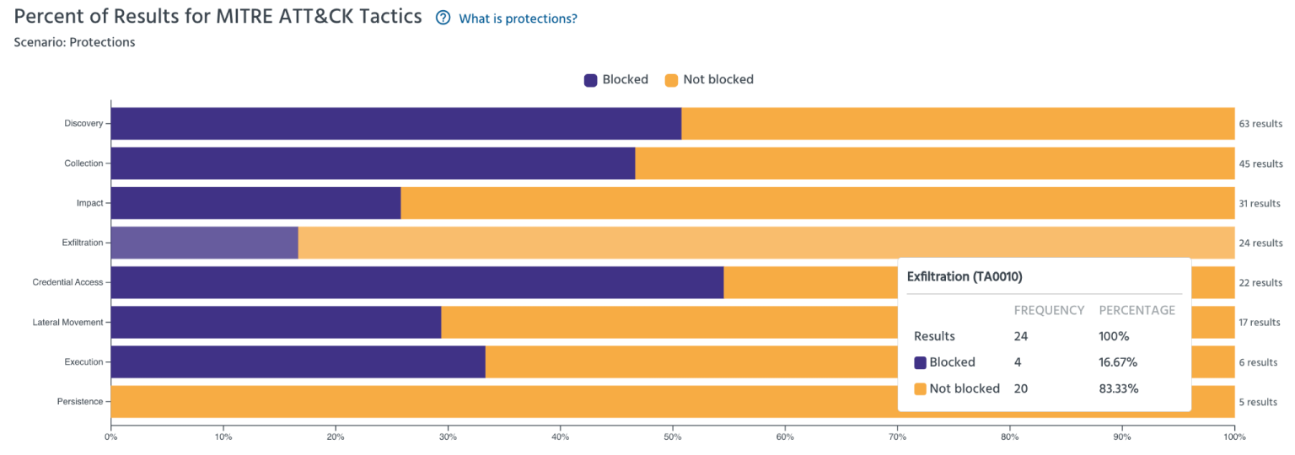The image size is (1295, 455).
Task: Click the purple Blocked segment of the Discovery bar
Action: coord(395,123)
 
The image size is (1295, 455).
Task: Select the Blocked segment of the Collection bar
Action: coord(372,163)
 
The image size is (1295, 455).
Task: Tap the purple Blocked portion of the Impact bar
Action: coord(255,203)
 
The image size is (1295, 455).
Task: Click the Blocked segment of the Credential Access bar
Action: coord(416,282)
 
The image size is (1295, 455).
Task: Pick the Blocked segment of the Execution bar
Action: coord(298,361)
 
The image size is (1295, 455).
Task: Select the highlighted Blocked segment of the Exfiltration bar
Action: coord(204,243)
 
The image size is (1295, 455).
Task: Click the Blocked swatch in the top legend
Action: coord(591,80)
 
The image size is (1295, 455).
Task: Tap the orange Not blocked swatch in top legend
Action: coord(671,80)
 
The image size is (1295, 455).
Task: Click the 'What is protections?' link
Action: coord(518,19)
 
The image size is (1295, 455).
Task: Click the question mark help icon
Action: coord(443,18)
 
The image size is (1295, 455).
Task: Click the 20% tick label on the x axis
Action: coord(335,436)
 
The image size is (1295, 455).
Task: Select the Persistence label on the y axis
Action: coord(79,402)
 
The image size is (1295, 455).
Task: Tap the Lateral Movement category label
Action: coord(67,322)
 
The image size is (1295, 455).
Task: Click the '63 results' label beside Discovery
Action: coord(1260,124)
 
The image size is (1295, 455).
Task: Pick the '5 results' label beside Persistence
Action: coord(1257,402)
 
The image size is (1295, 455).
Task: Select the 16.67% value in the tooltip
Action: coord(1118,362)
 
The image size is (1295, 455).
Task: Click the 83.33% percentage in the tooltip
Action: coord(1118,388)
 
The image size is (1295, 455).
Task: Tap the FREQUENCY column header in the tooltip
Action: coord(1048,310)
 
